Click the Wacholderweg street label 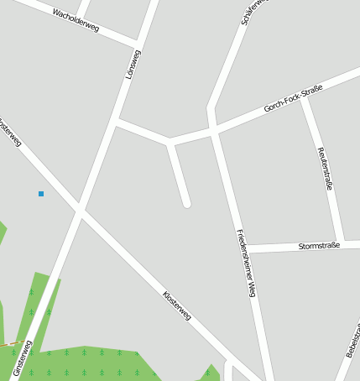coord(76,21)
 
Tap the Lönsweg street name coord(133,65)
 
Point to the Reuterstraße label coord(325,169)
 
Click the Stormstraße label coord(319,246)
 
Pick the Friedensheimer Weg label coord(245,263)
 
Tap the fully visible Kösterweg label coord(177,305)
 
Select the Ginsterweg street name coord(23,358)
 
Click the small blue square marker coord(40,194)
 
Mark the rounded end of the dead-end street coord(186,202)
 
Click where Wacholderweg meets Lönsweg coord(138,42)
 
